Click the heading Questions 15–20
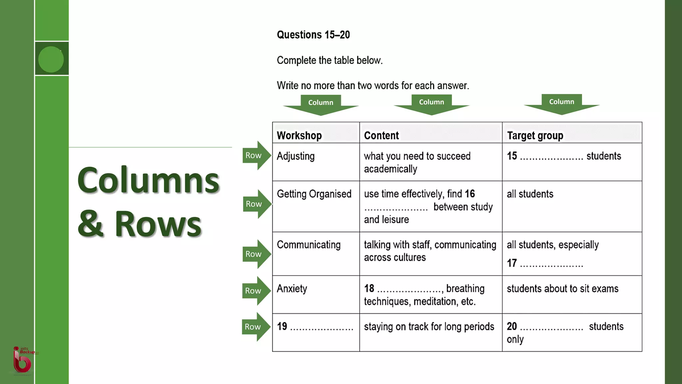tap(313, 35)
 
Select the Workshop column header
tap(299, 135)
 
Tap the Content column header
tap(381, 135)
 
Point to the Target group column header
tap(535, 135)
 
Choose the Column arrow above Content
tap(431, 103)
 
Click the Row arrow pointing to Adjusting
tap(256, 155)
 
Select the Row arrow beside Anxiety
tap(255, 291)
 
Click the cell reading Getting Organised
tap(314, 194)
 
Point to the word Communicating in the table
tap(308, 245)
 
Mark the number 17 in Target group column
tap(512, 263)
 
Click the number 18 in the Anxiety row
tap(369, 288)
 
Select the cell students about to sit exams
tap(562, 289)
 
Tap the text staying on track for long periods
tap(429, 326)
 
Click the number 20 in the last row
tap(511, 326)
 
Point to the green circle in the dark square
tap(51, 59)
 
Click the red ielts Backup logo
tap(23, 360)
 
